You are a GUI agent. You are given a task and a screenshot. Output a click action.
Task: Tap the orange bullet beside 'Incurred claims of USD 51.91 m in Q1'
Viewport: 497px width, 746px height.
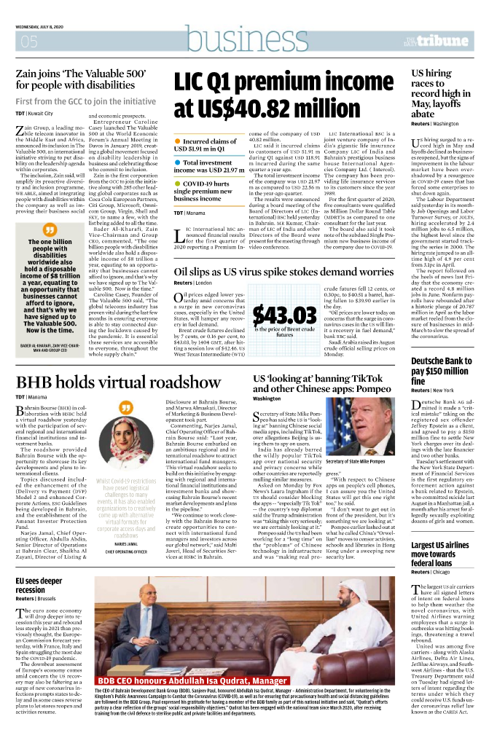(x=178, y=139)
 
